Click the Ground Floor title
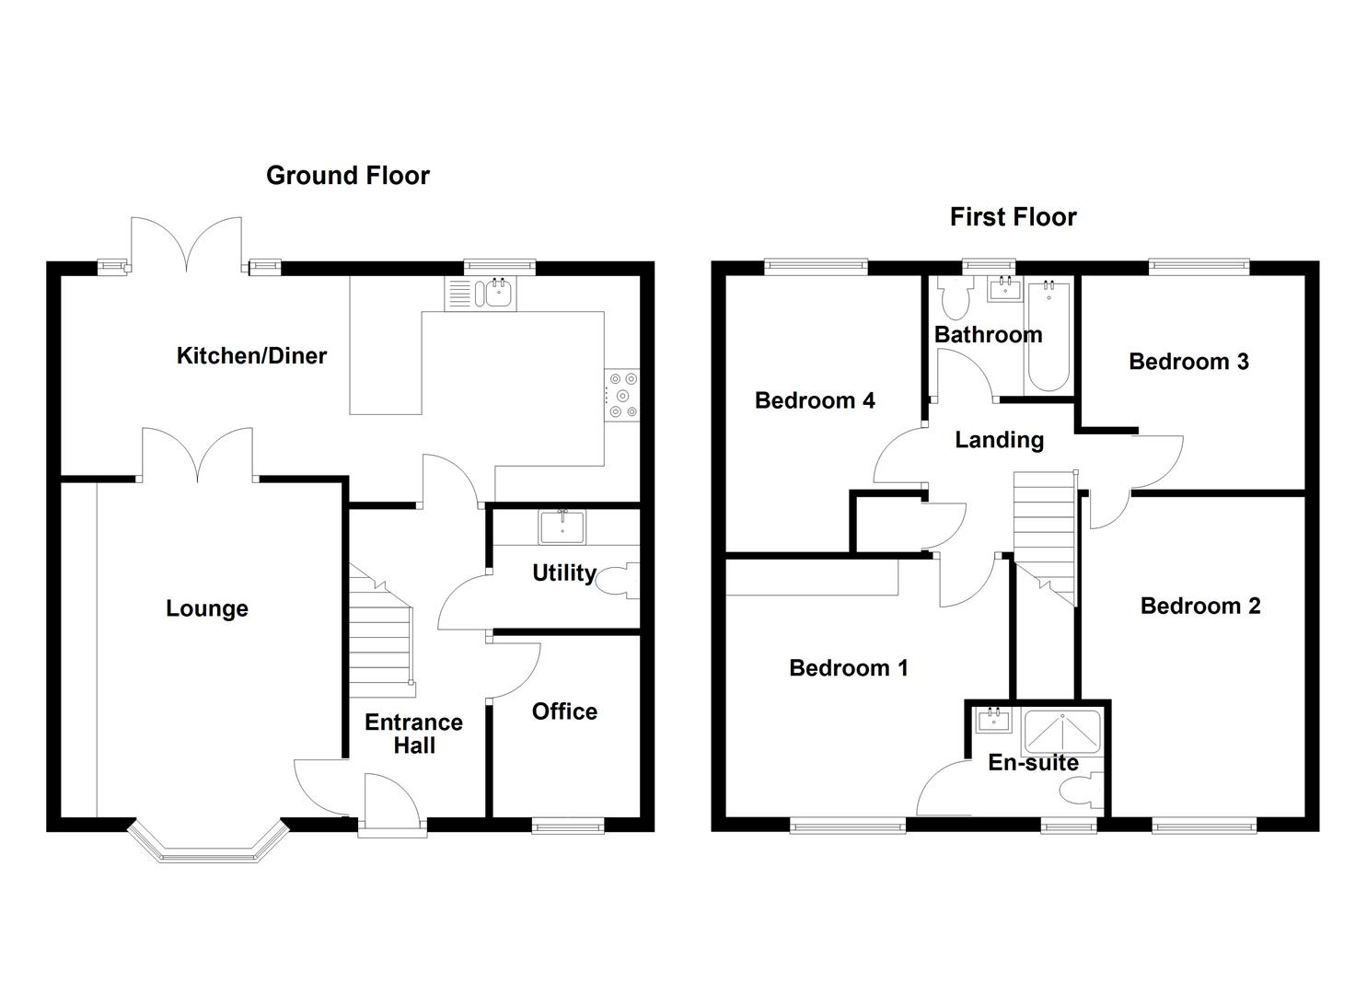347,175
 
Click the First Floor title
1013,217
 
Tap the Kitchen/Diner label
251,356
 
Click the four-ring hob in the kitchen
622,396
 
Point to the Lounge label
207,608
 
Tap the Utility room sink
561,528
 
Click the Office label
564,711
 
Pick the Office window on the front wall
568,827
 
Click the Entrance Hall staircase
379,635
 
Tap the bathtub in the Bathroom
1048,336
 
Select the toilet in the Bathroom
953,300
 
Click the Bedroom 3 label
1188,362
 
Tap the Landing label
999,440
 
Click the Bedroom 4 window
816,267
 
